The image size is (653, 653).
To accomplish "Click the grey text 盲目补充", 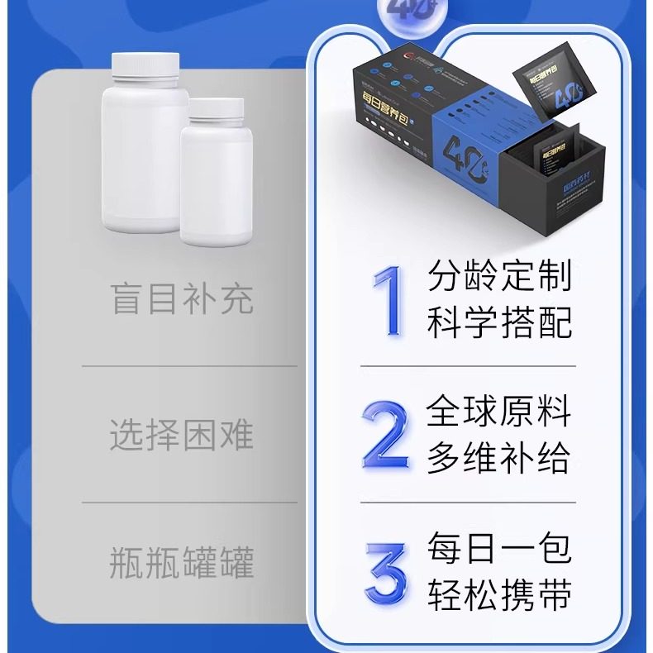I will click(x=182, y=299).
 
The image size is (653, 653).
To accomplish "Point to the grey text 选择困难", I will click(x=182, y=434).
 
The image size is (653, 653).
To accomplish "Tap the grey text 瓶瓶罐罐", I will click(x=182, y=564).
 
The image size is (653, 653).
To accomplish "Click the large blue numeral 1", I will click(x=386, y=301).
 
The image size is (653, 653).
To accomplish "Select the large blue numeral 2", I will click(x=386, y=434).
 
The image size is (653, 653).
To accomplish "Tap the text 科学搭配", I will click(x=499, y=323).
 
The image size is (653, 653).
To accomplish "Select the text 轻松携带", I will click(x=499, y=595).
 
